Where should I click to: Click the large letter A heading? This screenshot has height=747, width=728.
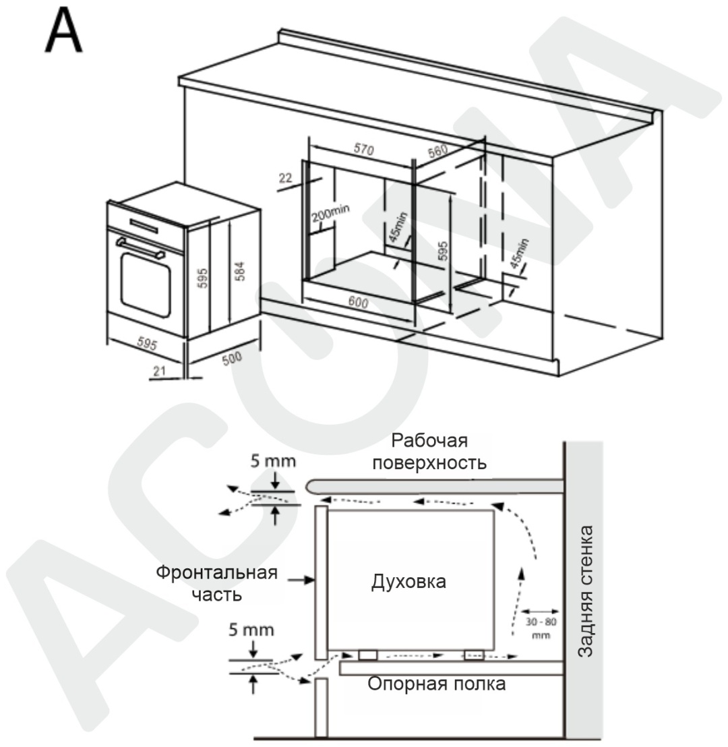(64, 32)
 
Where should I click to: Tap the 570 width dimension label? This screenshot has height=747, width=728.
(364, 149)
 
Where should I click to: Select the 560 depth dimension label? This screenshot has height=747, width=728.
(437, 151)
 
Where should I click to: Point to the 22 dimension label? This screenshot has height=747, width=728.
(285, 178)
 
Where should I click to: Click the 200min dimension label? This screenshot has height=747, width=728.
(331, 213)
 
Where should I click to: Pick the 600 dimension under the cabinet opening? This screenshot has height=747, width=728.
(359, 302)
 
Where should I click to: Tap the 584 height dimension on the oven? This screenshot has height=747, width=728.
(240, 271)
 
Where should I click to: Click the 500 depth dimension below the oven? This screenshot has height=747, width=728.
(232, 358)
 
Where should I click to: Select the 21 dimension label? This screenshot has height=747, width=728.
(159, 370)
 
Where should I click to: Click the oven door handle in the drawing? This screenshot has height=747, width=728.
(140, 248)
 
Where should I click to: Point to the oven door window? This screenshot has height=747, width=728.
(146, 285)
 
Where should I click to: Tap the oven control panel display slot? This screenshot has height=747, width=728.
(144, 226)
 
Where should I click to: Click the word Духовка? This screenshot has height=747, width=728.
(408, 582)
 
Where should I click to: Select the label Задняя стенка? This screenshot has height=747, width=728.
(585, 591)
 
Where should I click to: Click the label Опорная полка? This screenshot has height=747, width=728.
(436, 684)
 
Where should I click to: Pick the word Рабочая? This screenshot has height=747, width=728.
(429, 441)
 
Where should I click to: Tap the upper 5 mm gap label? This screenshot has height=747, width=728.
(273, 460)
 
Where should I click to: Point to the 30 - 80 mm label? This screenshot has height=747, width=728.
(541, 628)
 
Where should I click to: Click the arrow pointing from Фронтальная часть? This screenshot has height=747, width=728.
(302, 580)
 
